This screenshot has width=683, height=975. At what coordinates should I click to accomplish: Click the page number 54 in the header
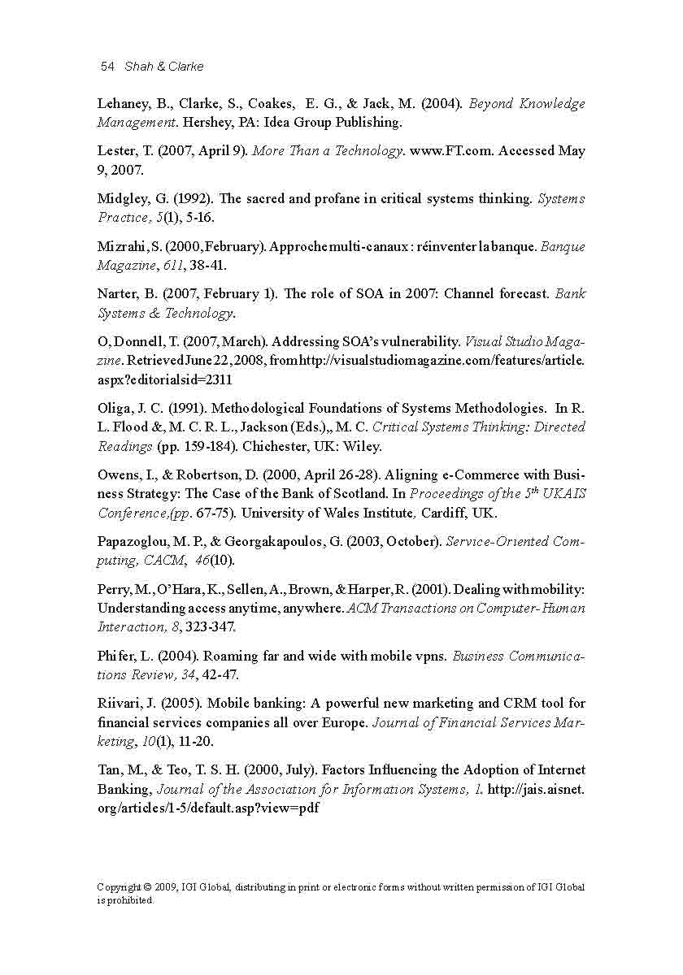pyautogui.click(x=107, y=67)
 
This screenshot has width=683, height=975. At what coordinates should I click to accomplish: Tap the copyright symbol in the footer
pyautogui.click(x=159, y=887)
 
